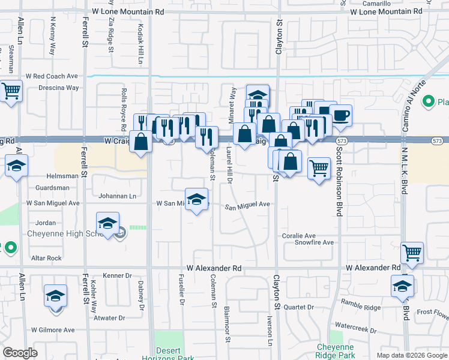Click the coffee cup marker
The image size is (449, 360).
point(341,115)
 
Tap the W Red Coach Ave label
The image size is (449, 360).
point(52,76)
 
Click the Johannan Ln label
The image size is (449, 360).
point(117,196)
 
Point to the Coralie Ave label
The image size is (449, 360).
point(299,236)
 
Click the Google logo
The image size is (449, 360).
point(20,353)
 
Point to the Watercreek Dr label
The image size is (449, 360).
point(356,329)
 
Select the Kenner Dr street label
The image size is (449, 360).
point(117,275)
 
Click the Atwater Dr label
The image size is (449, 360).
point(109,317)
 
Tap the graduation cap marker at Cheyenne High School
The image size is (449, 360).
point(108,224)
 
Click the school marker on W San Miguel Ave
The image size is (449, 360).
point(196,200)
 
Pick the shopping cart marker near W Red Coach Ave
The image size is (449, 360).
point(10,91)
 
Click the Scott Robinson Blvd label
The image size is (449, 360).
point(339,180)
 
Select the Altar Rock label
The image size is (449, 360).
point(46,258)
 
